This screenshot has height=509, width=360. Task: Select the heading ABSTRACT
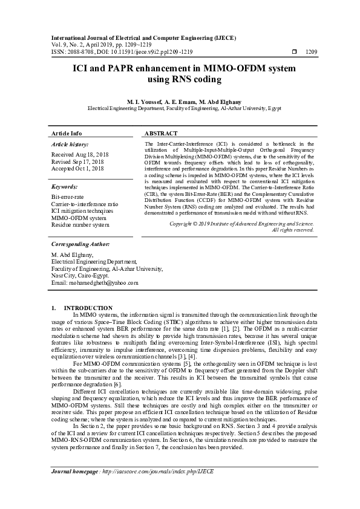(161, 134)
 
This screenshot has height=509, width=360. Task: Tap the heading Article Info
(67, 134)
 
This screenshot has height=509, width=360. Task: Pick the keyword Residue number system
(80, 224)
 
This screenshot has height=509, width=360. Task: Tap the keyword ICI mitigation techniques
(82, 211)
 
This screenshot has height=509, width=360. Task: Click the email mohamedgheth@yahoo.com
(95, 282)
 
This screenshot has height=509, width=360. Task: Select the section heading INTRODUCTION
(88, 308)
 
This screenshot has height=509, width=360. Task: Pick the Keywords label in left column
(64, 187)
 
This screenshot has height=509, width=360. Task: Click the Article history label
(70, 144)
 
